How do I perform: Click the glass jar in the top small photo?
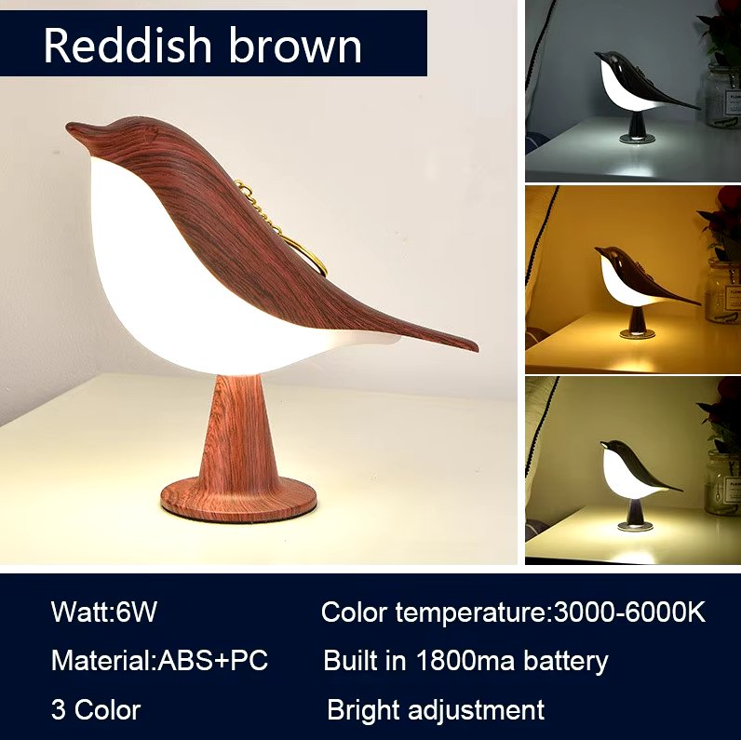[x=721, y=93]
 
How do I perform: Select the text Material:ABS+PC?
[x=159, y=661]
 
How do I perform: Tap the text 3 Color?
[x=96, y=709]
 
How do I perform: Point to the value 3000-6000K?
[x=629, y=612]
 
